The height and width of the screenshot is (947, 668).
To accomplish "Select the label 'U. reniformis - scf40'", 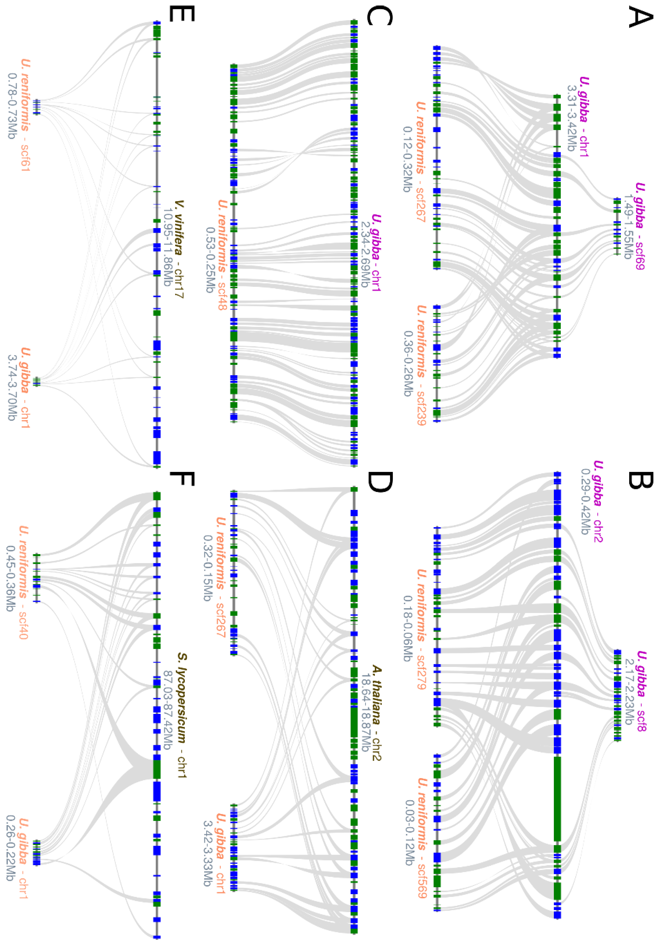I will click(x=24, y=582).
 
